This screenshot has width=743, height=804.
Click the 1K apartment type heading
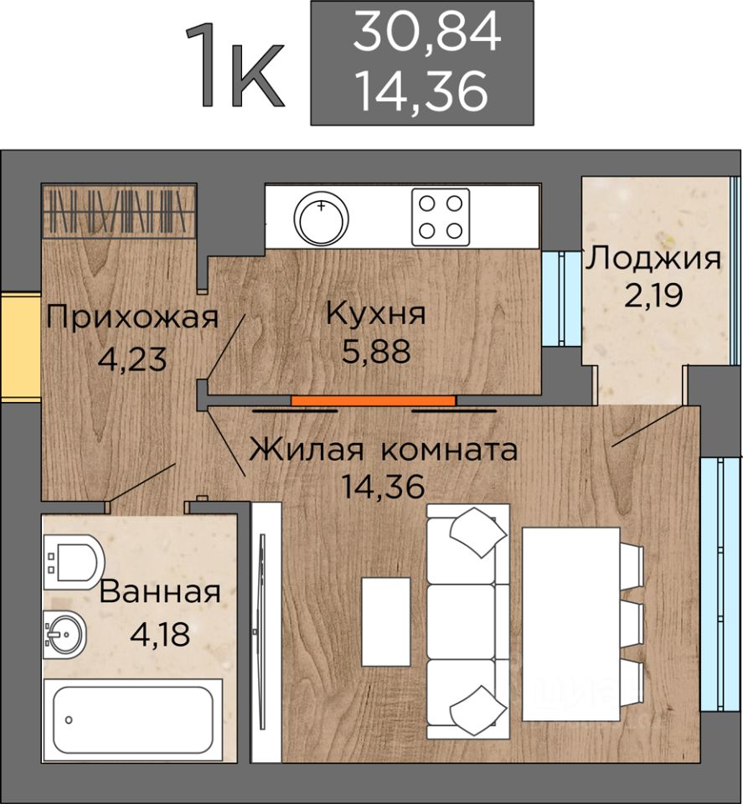coord(237,68)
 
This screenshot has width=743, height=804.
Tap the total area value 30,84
coord(426,33)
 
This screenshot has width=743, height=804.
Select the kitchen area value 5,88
coord(375,351)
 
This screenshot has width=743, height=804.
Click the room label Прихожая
coord(132,317)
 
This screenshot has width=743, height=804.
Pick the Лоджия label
coord(653,258)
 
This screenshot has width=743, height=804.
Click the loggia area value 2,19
coord(652,295)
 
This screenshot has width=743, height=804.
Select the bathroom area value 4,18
coord(159,631)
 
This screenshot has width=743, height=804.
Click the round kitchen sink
coord(321,215)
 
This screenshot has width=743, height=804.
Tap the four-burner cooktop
coord(440,215)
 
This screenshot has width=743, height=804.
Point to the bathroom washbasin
coord(64,633)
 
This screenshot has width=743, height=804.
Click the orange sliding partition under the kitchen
coord(373,400)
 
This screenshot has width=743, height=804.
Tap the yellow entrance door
coord(20,347)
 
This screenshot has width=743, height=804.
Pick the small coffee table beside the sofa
coord(385,621)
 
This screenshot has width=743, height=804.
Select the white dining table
coord(571,623)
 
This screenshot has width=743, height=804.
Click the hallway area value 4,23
coord(133,359)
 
